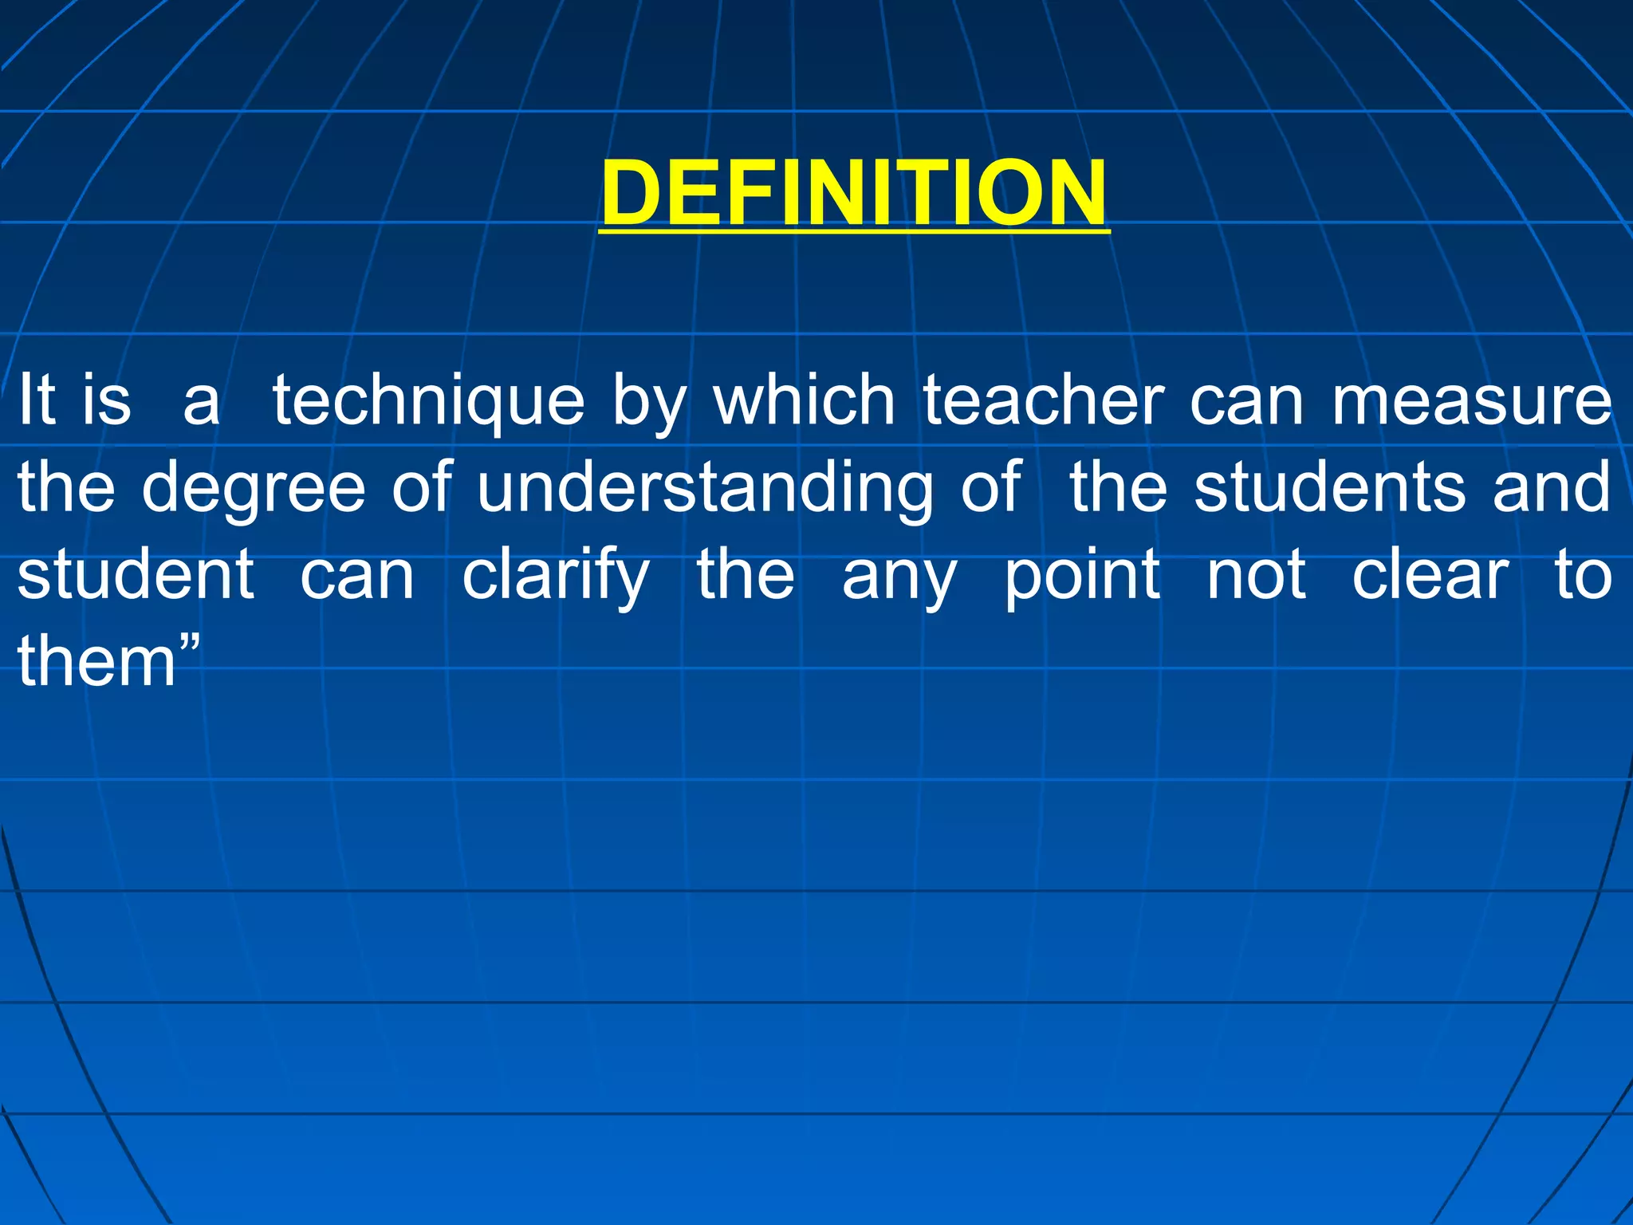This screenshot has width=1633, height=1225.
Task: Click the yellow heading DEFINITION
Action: pyautogui.click(x=854, y=194)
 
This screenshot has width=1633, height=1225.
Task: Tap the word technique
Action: pyautogui.click(x=429, y=401)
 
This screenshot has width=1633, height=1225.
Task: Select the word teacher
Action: pyautogui.click(x=1044, y=400)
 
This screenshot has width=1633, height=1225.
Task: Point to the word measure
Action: pyautogui.click(x=1472, y=401)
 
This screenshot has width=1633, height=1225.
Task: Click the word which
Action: pyautogui.click(x=804, y=400)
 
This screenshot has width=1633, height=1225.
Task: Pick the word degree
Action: pyautogui.click(x=253, y=489)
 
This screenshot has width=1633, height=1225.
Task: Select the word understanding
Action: pyautogui.click(x=705, y=489)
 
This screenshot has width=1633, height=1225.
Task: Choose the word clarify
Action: pyautogui.click(x=556, y=577)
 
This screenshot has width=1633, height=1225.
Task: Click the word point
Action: pyautogui.click(x=1082, y=577)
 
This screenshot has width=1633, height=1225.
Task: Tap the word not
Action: pyautogui.click(x=1256, y=575)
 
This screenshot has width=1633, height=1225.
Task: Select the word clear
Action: pyautogui.click(x=1430, y=575)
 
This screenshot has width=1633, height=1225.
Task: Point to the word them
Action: pyautogui.click(x=96, y=661)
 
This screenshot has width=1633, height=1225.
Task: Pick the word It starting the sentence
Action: pyautogui.click(x=37, y=400)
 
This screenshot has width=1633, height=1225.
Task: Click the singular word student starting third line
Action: pyautogui.click(x=136, y=575)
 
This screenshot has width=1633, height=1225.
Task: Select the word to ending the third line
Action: pyautogui.click(x=1583, y=575)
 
